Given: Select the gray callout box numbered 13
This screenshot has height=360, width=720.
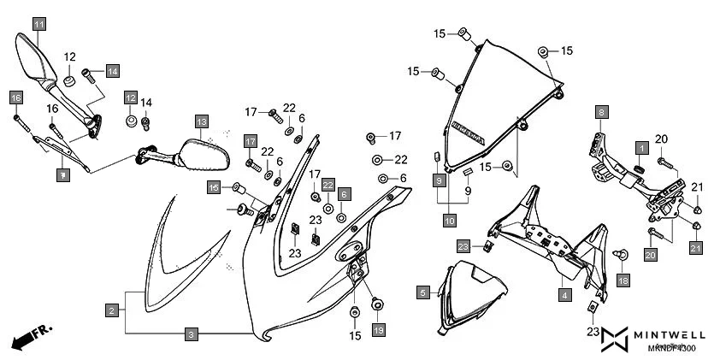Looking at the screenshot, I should pos(201,121).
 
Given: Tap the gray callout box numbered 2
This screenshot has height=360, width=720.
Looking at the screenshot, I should pos(112,310).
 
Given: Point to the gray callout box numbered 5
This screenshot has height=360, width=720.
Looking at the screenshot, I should pos(422,292).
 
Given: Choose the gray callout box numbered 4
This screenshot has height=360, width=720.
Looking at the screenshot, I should pos(564,295).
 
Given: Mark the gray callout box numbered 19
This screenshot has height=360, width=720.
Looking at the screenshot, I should pos(378,329).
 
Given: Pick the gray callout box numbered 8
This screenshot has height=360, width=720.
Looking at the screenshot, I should pos(601,112).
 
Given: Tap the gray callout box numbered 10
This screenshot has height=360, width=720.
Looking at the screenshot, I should pos(449,221).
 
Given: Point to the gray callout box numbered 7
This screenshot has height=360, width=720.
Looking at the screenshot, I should pos(62,174).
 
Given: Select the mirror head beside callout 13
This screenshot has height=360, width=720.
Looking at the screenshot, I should pos(204,156).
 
